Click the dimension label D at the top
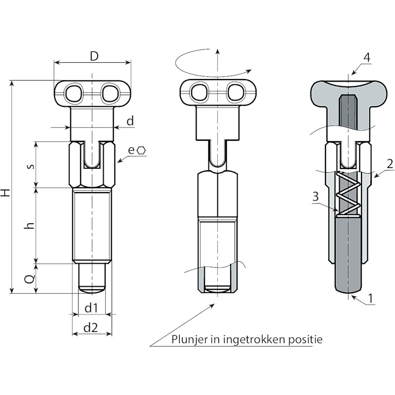(94, 57)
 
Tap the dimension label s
(31, 166)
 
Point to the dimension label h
(30, 226)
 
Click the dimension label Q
(30, 279)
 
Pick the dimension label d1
(91, 308)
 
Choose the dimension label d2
(90, 328)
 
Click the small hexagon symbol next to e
(141, 151)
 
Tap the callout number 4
(367, 58)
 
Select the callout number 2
(390, 164)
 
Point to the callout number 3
(316, 197)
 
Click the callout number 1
(370, 299)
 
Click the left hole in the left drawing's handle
(74, 93)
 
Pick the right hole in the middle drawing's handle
(236, 92)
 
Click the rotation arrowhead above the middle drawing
(249, 71)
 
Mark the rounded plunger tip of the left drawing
(91, 289)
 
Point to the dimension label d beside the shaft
(130, 121)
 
